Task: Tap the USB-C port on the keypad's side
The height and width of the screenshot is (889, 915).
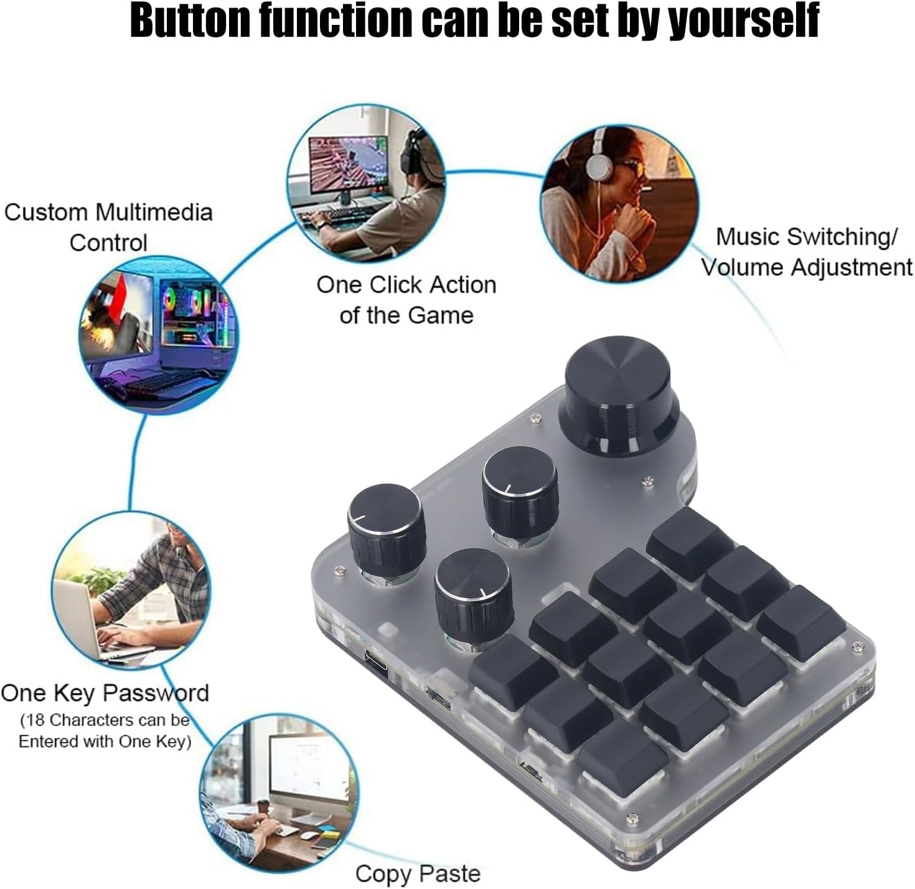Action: tap(378, 661)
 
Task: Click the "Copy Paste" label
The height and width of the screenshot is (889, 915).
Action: tap(418, 873)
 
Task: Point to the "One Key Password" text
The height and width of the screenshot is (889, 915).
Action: tap(105, 693)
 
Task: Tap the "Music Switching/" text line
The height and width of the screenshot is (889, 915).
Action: tap(806, 237)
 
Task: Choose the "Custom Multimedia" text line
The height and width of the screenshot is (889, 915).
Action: tap(108, 212)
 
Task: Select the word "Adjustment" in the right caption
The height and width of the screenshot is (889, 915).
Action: tap(850, 268)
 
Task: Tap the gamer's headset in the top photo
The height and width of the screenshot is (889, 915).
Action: tap(411, 153)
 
